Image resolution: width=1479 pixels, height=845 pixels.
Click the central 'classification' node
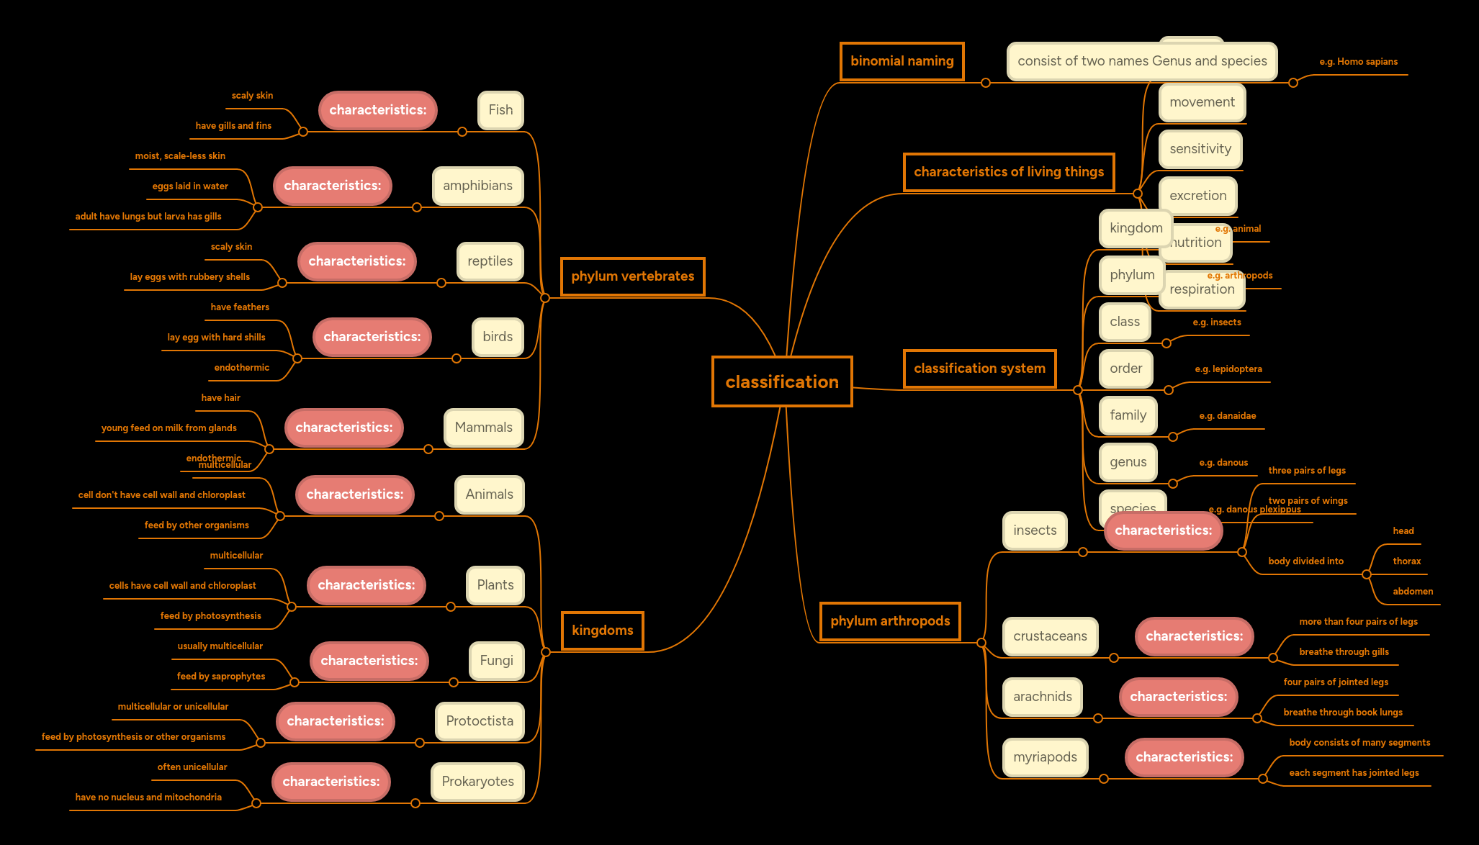pos(782,381)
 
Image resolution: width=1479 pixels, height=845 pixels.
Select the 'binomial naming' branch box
pos(902,61)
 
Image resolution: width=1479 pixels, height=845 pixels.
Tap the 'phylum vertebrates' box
pos(632,276)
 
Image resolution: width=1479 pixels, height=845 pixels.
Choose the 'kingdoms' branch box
pos(602,631)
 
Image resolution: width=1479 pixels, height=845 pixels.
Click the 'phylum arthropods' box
pos(890,621)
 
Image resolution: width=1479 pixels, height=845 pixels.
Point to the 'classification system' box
pos(979,369)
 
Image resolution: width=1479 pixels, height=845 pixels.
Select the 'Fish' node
pos(500,110)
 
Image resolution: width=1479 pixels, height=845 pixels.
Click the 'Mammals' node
pos(483,428)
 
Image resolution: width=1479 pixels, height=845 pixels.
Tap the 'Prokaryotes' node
pos(477,782)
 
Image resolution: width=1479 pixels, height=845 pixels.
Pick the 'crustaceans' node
pos(1050,636)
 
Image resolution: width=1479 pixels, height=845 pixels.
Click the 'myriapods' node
pos(1045,757)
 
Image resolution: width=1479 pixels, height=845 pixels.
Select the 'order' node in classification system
pos(1125,369)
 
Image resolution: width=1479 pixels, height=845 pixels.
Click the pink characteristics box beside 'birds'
pos(372,337)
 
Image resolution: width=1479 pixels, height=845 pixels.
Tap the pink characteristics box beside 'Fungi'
pos(369,661)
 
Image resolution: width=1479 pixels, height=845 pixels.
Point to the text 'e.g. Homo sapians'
pos(1358,62)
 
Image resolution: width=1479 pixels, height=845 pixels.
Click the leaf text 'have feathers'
pos(240,307)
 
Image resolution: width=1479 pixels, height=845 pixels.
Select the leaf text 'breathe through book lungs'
pos(1342,713)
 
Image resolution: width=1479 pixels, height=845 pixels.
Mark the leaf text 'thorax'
pos(1406,561)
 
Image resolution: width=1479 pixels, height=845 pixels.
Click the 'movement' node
pos(1202,102)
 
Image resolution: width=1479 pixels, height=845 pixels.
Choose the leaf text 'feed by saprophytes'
pos(221,677)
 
